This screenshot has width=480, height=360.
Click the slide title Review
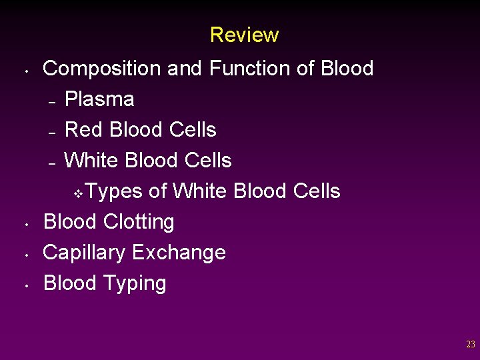coord(244,35)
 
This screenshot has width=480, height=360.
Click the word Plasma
coord(99,99)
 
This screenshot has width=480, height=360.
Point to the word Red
coord(83,129)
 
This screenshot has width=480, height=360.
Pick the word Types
coord(114,191)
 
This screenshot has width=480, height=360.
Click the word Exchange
coord(179,253)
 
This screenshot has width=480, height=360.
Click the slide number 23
coord(471,345)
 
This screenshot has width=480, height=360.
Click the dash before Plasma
coord(51,102)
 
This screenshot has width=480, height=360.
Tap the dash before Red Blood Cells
coord(51,132)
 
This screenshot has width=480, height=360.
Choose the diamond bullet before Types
coord(77,193)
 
